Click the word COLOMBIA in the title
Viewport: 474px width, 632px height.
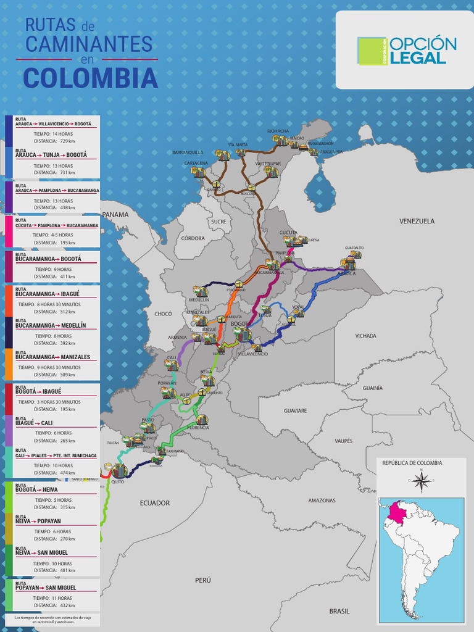click(90, 78)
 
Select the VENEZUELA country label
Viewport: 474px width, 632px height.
click(417, 221)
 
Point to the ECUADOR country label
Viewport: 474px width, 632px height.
click(154, 503)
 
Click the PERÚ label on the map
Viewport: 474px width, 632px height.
click(203, 580)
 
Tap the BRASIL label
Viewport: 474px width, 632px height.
click(339, 611)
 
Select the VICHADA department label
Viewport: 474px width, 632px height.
click(365, 336)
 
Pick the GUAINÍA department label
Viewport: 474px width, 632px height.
click(372, 388)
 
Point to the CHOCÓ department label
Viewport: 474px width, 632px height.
click(163, 314)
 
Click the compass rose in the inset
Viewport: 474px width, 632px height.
click(421, 480)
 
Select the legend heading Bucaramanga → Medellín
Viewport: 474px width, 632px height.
click(51, 325)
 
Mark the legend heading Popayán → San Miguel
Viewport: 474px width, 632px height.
click(46, 588)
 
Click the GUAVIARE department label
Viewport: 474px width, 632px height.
click(295, 410)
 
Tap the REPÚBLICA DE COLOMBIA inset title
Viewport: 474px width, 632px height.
click(412, 463)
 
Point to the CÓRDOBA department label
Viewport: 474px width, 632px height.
click(193, 238)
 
